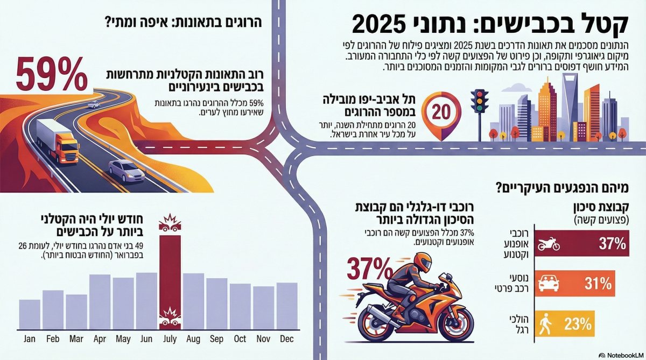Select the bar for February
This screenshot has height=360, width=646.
point(53,309)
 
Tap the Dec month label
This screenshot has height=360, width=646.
point(286,339)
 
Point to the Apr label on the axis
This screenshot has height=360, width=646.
point(100,339)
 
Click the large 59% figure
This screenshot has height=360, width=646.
point(52,74)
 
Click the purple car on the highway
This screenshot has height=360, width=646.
point(125,170)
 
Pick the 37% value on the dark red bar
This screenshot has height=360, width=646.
point(612,244)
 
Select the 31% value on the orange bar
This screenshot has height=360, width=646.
point(598,284)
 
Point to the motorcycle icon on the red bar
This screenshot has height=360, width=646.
point(549,245)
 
